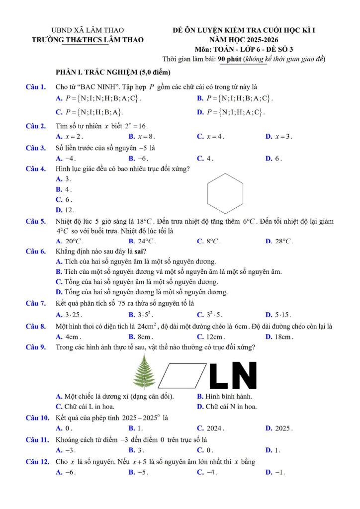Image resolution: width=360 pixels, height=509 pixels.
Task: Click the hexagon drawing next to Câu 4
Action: tap(225, 191)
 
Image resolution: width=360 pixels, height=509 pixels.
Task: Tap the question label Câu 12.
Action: tap(37, 462)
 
